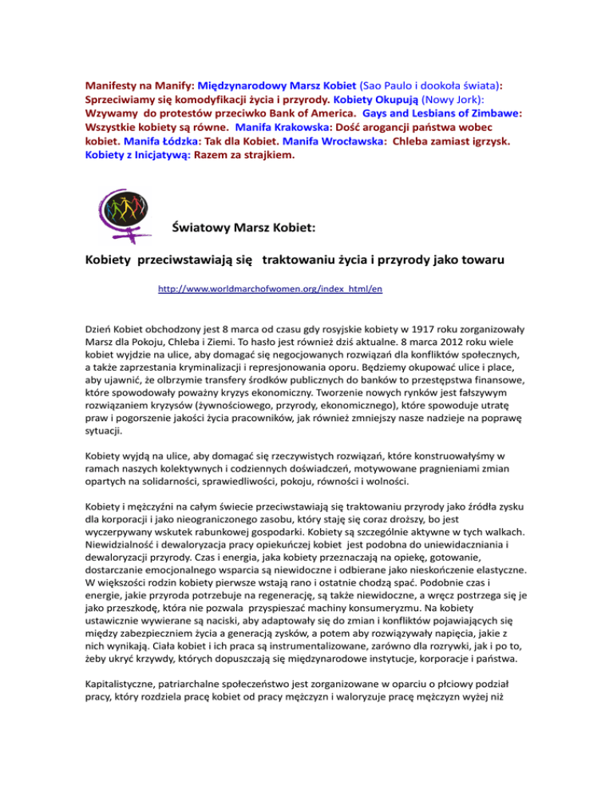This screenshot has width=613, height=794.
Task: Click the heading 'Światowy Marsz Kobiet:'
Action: [x=245, y=228]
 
